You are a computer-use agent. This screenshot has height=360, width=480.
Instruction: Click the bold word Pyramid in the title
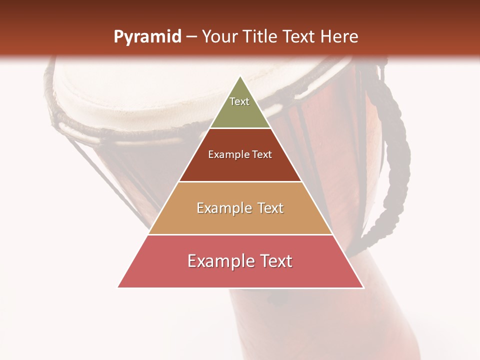147,37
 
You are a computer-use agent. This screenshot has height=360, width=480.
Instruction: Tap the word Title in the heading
259,37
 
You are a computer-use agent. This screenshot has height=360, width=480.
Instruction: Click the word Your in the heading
219,37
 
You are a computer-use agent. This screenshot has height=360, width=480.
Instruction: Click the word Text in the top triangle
239,101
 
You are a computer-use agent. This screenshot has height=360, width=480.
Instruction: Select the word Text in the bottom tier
273,261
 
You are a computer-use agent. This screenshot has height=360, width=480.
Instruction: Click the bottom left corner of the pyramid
118,287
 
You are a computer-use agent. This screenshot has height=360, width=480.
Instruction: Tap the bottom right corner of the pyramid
363,287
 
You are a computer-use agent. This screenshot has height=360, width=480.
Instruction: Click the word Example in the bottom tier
218,261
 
